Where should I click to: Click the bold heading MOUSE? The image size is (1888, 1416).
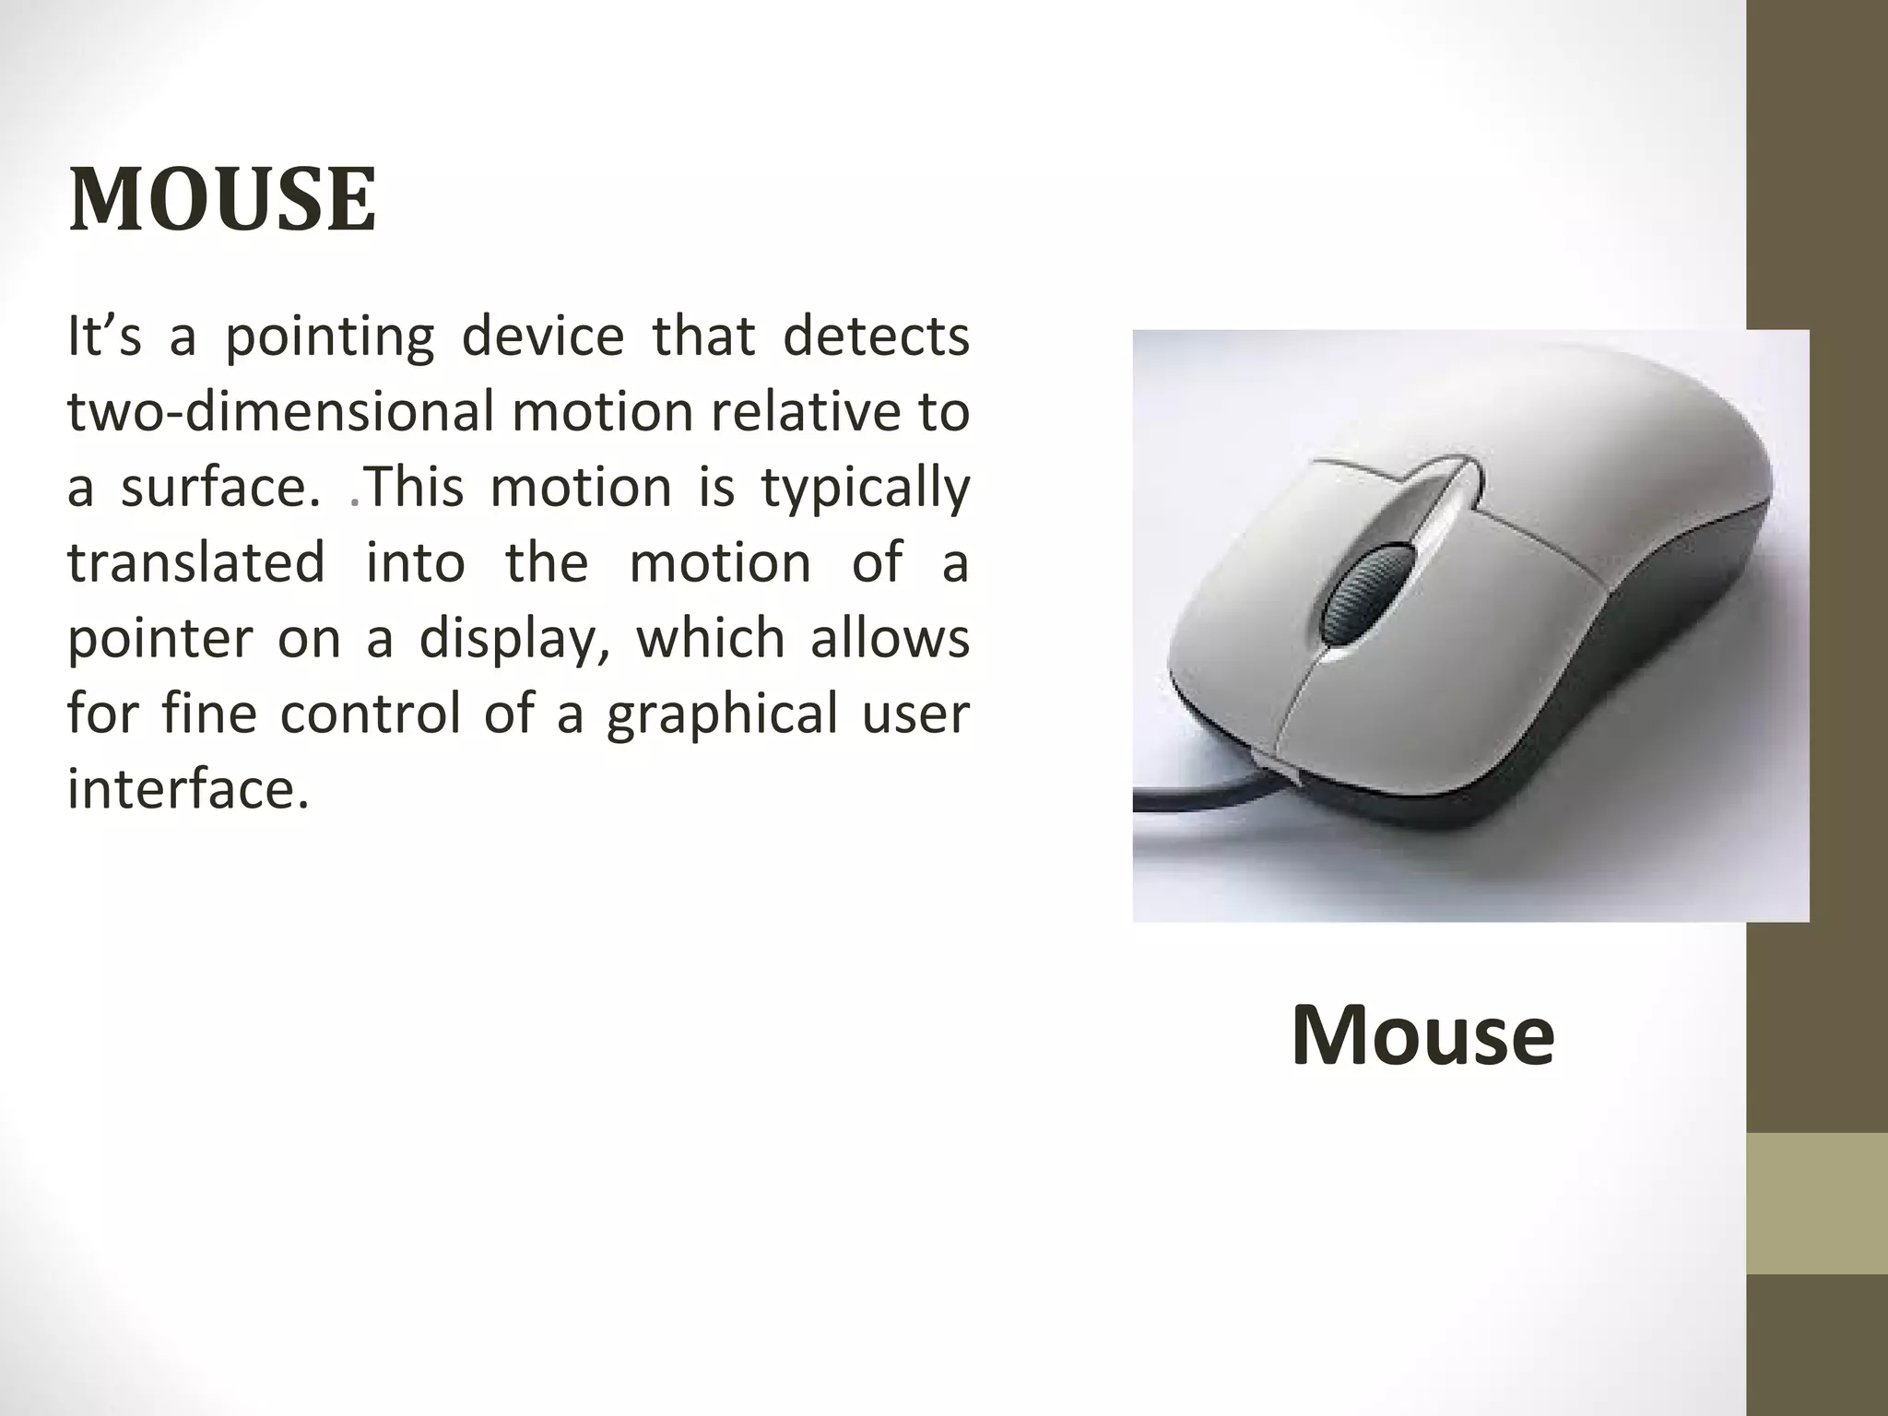pyautogui.click(x=222, y=199)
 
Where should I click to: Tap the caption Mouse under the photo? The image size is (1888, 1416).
pyautogui.click(x=1422, y=1036)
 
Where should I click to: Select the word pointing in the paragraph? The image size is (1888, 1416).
pyautogui.click(x=329, y=337)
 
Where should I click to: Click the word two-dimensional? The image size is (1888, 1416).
pyautogui.click(x=281, y=412)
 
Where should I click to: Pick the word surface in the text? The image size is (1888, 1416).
pyautogui.click(x=220, y=488)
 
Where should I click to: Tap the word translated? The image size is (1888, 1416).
pyautogui.click(x=195, y=563)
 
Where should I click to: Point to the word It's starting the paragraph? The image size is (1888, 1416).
pyautogui.click(x=104, y=336)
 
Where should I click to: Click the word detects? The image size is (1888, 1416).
pyautogui.click(x=875, y=336)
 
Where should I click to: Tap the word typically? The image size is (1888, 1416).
pyautogui.click(x=866, y=488)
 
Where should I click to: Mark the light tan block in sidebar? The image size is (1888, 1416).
pyautogui.click(x=1816, y=1203)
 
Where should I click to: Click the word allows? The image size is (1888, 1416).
pyautogui.click(x=890, y=639)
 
